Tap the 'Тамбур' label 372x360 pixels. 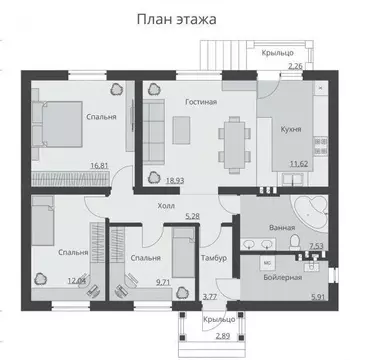pyautogui.click(x=215, y=258)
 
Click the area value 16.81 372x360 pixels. pyautogui.click(x=99, y=166)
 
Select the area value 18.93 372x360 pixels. pyautogui.click(x=174, y=181)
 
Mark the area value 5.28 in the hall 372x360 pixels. pyautogui.click(x=195, y=215)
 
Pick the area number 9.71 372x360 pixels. pyautogui.click(x=164, y=283)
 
